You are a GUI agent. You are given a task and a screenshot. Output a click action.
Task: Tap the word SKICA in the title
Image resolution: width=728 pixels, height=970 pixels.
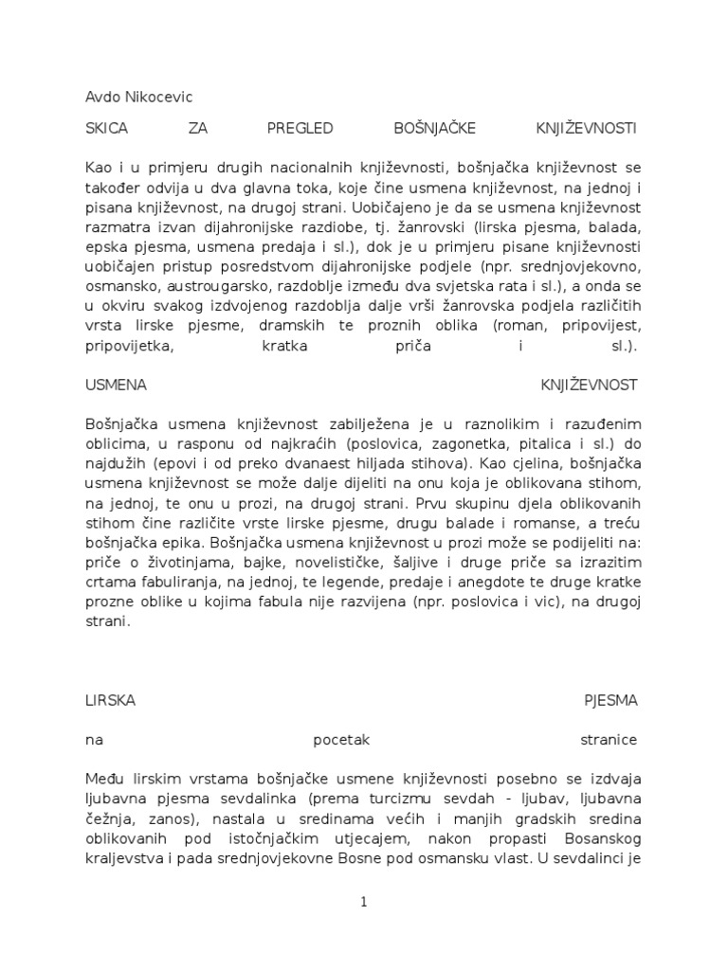[x=106, y=127]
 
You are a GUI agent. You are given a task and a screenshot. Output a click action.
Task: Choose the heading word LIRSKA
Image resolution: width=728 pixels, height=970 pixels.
[x=110, y=701]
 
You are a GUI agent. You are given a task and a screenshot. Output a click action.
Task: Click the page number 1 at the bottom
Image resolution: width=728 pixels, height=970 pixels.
[x=363, y=903]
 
